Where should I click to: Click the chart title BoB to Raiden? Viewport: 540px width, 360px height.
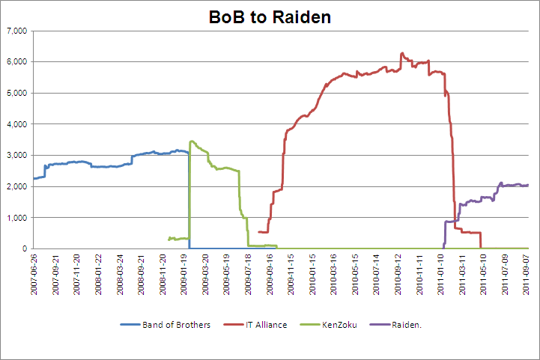(x=270, y=16)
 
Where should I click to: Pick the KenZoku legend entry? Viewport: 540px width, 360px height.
(x=341, y=325)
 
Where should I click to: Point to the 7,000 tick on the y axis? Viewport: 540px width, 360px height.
(x=16, y=31)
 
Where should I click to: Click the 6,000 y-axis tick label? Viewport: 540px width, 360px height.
(x=16, y=62)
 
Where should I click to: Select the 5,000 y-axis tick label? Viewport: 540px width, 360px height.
(x=16, y=93)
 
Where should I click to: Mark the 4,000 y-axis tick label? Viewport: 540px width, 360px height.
(x=16, y=124)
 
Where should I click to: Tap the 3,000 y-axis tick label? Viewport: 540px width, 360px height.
(x=16, y=156)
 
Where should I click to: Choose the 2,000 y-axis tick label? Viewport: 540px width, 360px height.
(x=16, y=186)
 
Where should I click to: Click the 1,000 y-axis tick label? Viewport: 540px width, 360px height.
(x=16, y=218)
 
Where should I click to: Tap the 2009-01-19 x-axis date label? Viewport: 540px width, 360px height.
(x=185, y=275)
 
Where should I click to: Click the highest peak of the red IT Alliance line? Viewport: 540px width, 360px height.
(x=402, y=53)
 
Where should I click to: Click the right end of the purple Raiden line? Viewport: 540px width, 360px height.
(x=528, y=185)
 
